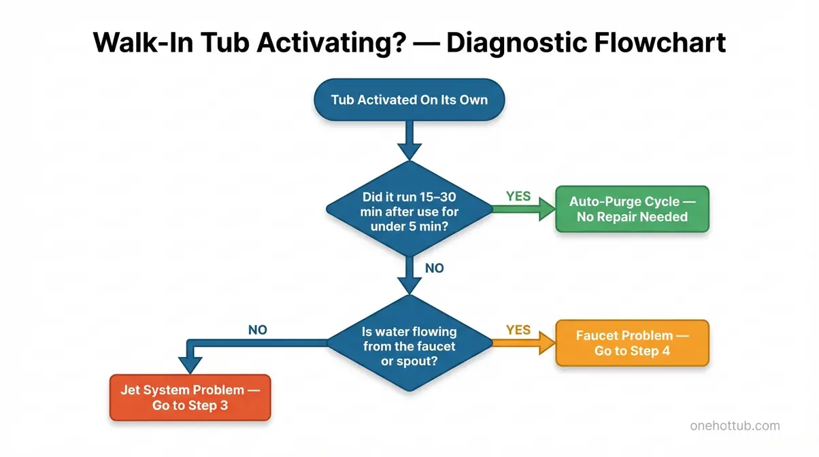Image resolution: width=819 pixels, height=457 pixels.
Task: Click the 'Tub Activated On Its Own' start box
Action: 409,99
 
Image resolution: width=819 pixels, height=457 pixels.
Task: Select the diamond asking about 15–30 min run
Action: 409,210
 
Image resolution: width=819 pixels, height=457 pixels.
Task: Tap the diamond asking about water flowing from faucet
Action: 409,343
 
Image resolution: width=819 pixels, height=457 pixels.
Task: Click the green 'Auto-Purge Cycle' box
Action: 632,209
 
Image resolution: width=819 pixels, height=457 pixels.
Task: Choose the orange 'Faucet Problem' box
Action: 632,343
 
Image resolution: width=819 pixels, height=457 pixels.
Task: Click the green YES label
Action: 518,196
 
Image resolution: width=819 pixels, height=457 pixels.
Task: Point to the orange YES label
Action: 518,330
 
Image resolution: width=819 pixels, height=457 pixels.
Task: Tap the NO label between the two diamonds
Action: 434,268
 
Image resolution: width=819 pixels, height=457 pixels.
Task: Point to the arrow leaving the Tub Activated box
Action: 409,142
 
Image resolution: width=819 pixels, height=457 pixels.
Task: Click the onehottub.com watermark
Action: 734,426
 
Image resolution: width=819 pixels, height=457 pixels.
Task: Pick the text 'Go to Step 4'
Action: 632,351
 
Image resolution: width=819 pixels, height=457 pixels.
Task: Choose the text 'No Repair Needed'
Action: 632,218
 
